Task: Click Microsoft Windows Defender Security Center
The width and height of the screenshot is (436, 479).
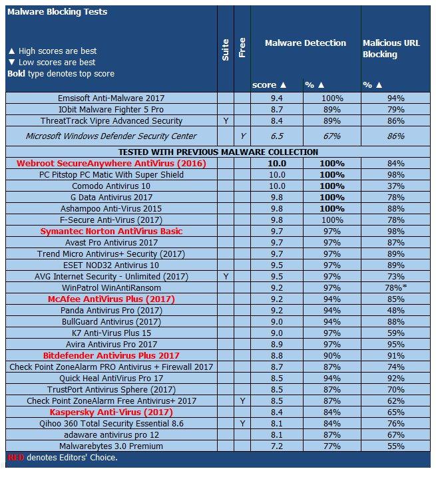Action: click(x=111, y=136)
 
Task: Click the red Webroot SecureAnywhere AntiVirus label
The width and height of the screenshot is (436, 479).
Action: click(x=111, y=163)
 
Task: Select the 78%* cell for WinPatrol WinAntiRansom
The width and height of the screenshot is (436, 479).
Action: click(x=397, y=287)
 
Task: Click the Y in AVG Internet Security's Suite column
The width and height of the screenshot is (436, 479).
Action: click(x=226, y=276)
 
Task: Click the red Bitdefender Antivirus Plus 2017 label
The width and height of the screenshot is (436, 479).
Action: click(x=111, y=356)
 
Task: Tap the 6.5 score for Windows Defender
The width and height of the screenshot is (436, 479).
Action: click(x=276, y=136)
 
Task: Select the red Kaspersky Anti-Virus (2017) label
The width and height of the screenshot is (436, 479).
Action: click(x=111, y=412)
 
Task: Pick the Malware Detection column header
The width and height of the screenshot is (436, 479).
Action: click(x=306, y=43)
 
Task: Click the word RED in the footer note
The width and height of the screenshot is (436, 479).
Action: click(x=14, y=458)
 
